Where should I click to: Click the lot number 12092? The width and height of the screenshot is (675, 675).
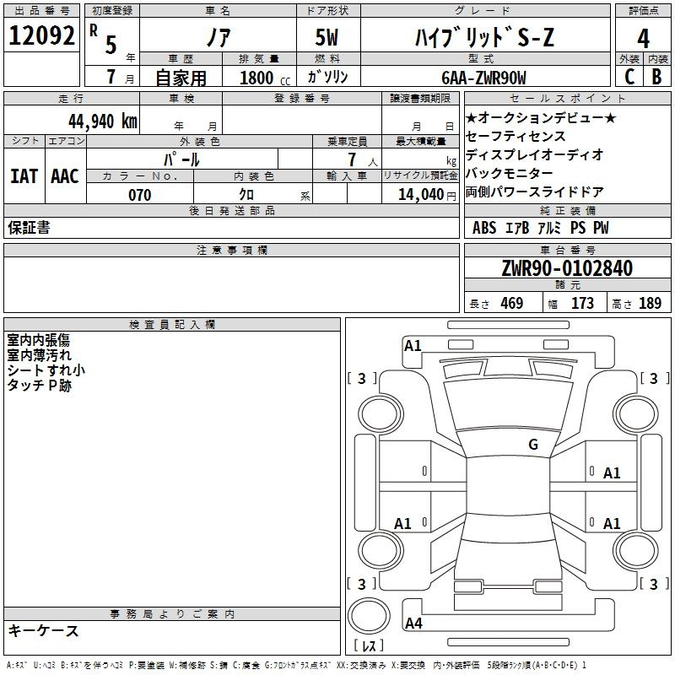pyautogui.click(x=42, y=36)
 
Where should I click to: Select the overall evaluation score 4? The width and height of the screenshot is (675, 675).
pyautogui.click(x=643, y=39)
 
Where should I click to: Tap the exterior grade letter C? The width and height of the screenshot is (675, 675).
pyautogui.click(x=629, y=77)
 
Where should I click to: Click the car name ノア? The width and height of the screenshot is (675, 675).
pyautogui.click(x=218, y=38)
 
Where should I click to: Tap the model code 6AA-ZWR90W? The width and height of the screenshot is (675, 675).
pyautogui.click(x=483, y=78)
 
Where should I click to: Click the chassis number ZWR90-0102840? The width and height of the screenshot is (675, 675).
pyautogui.click(x=566, y=268)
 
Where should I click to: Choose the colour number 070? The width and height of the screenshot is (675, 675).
pyautogui.click(x=139, y=195)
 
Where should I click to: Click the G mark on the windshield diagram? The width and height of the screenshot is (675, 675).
pyautogui.click(x=532, y=445)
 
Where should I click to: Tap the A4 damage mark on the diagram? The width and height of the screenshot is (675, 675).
pyautogui.click(x=413, y=624)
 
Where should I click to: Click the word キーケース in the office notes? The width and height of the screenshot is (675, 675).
pyautogui.click(x=43, y=630)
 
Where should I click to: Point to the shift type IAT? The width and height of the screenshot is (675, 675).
pyautogui.click(x=24, y=175)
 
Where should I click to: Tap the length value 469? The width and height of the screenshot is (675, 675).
pyautogui.click(x=511, y=304)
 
